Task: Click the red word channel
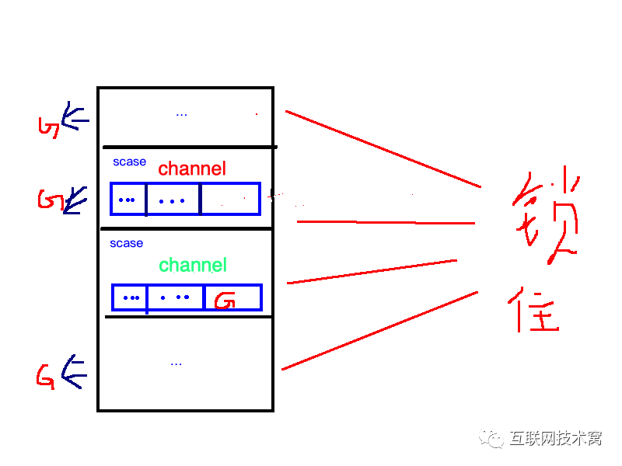tap(192, 169)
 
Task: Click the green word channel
tap(193, 265)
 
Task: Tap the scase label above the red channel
tap(129, 162)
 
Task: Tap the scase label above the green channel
tap(126, 243)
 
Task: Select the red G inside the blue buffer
tap(225, 299)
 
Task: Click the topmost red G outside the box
tap(48, 127)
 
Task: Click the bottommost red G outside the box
tap(45, 377)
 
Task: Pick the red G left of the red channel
tap(48, 200)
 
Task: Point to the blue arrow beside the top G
tap(75, 118)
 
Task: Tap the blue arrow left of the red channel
tap(75, 201)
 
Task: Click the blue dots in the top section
tap(181, 114)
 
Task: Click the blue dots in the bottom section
tap(176, 363)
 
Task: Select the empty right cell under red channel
tap(230, 199)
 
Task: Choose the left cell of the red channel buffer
tap(128, 199)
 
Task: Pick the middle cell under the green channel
tap(175, 297)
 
